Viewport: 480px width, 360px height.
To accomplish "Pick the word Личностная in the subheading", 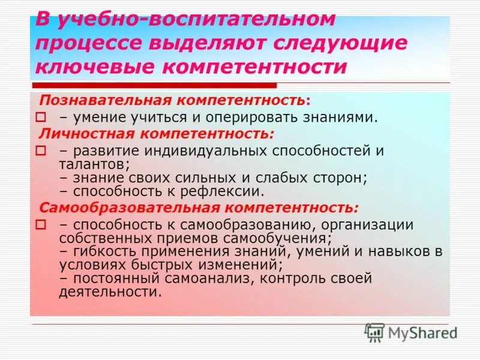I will [75, 131].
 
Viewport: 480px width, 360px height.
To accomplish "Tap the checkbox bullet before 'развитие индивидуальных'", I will [41, 150].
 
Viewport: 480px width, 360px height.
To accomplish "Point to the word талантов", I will [93, 163].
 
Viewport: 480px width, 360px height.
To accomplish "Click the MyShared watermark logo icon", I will [374, 332].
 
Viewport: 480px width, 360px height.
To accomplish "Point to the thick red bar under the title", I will [153, 86].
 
